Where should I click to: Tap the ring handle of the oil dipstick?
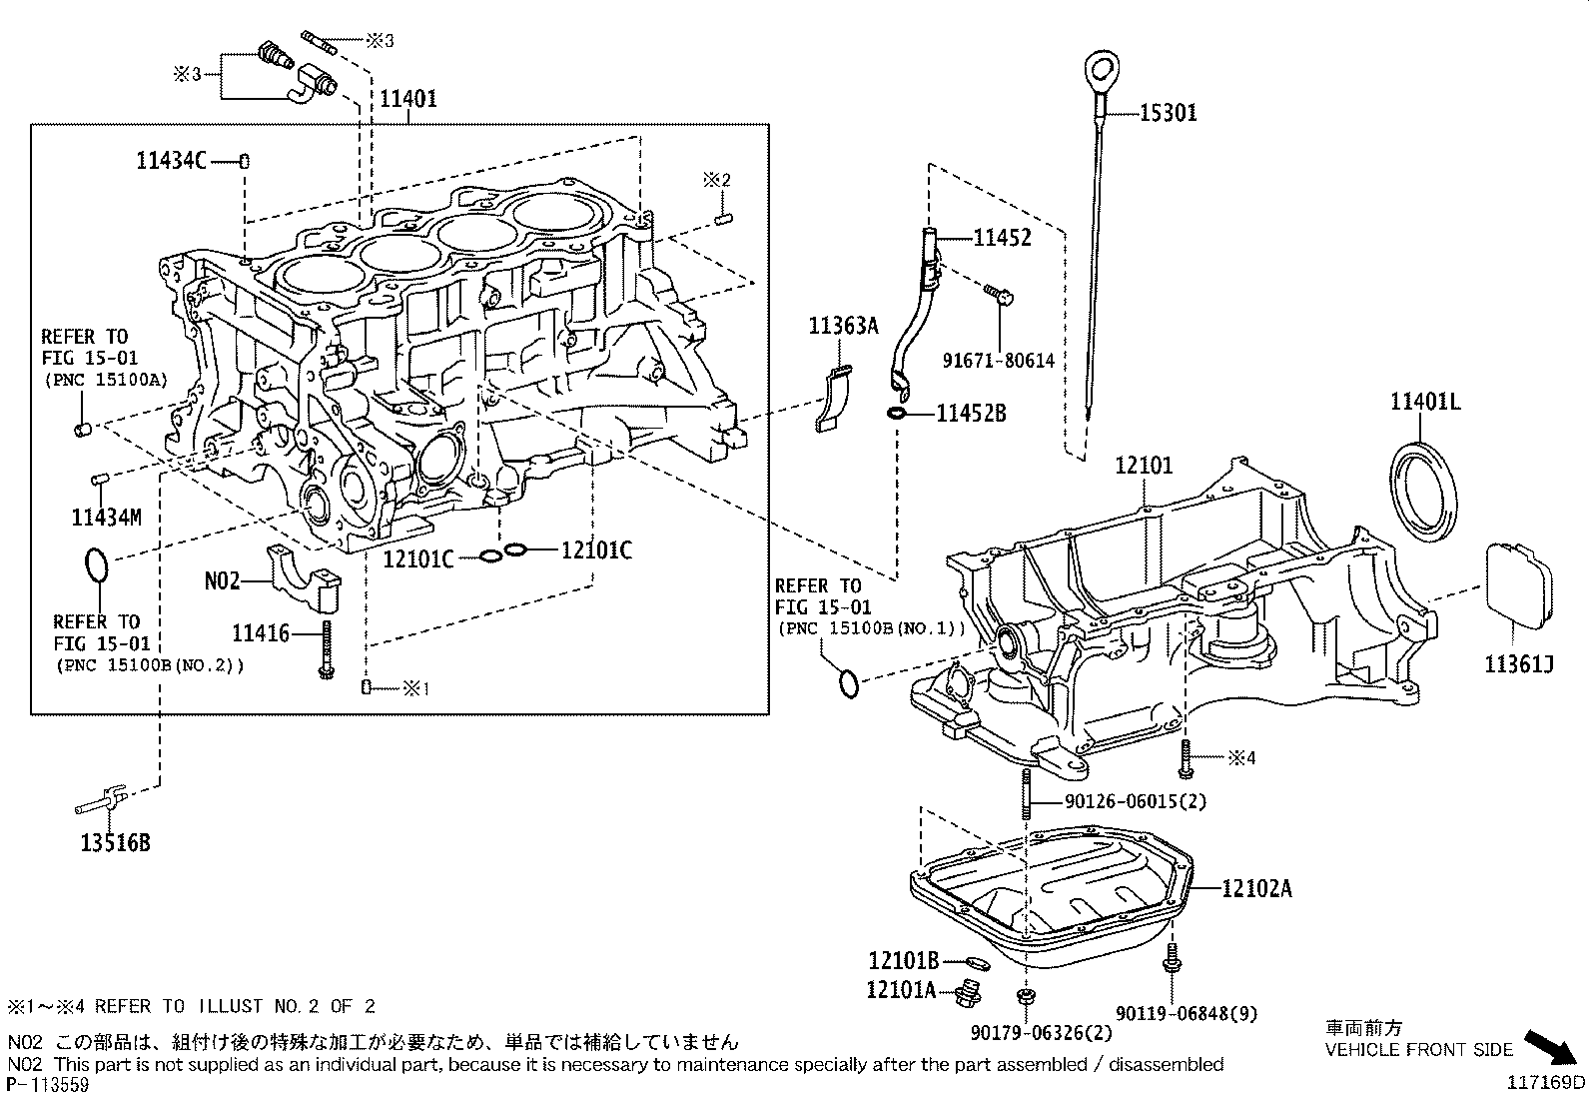1102,70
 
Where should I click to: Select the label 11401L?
1425,402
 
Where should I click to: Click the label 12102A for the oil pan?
1255,887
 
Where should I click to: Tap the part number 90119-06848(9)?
1186,1013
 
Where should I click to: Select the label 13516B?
115,842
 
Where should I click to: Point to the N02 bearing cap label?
222,579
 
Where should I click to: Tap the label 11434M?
106,517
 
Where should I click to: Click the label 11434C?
171,160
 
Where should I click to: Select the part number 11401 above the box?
406,99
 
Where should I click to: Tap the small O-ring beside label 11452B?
896,413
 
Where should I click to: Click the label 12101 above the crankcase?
1144,466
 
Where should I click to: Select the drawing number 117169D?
1546,1081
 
